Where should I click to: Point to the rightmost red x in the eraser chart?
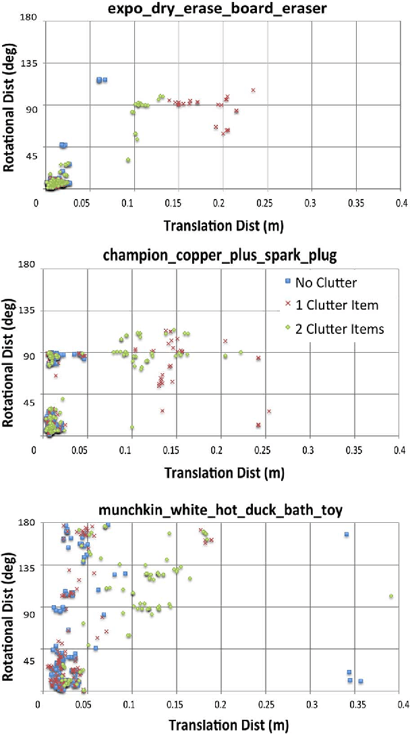coord(253,90)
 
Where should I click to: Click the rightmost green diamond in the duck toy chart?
coord(391,596)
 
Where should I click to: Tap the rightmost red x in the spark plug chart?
coord(268,411)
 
